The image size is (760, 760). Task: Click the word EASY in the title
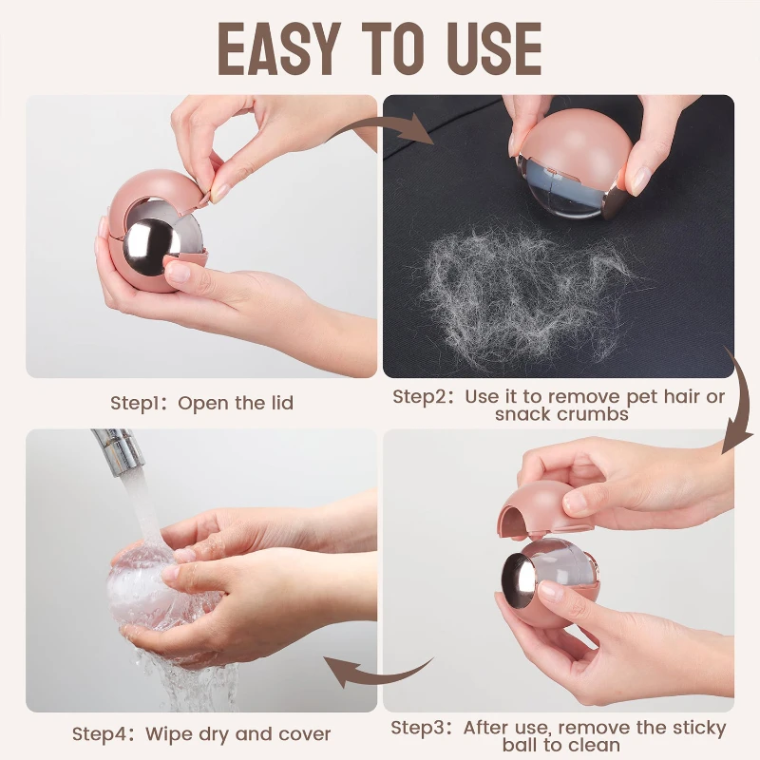pyautogui.click(x=275, y=48)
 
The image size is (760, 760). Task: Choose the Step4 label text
pyautogui.click(x=101, y=733)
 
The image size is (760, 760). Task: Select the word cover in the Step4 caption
pyautogui.click(x=304, y=734)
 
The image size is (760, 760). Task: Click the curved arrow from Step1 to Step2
pyautogui.click(x=382, y=128)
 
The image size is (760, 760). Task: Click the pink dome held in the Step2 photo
pyautogui.click(x=568, y=136)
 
